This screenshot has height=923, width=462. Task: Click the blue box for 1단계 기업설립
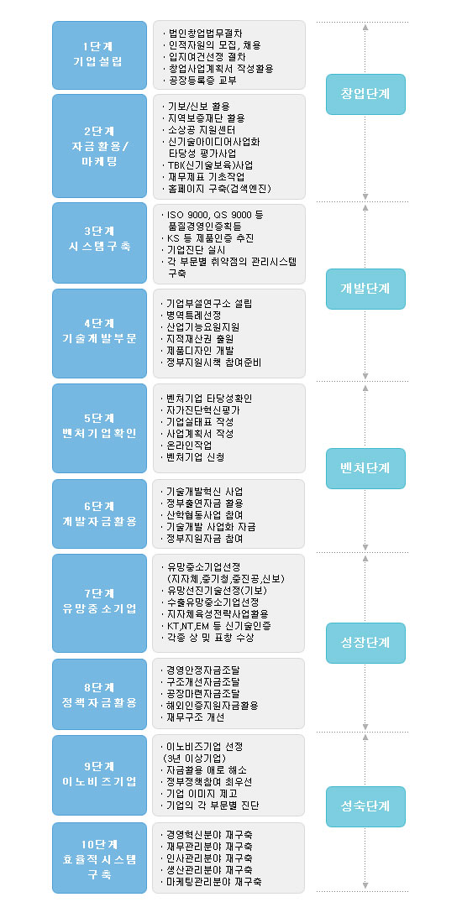click(99, 55)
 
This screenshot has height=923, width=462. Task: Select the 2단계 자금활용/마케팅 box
click(99, 146)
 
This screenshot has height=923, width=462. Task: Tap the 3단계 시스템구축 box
click(99, 243)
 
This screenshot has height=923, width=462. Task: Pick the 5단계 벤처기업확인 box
click(99, 428)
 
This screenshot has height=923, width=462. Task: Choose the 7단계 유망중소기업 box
click(99, 602)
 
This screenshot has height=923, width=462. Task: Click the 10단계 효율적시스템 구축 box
click(99, 858)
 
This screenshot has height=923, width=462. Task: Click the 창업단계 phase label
click(365, 94)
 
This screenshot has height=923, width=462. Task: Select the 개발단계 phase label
click(365, 289)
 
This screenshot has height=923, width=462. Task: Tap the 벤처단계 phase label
click(365, 468)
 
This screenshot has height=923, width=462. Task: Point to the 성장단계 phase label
click(365, 644)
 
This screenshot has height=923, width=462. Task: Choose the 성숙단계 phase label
click(365, 806)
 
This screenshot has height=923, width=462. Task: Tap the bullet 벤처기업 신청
click(195, 456)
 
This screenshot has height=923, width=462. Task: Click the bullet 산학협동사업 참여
click(204, 514)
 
